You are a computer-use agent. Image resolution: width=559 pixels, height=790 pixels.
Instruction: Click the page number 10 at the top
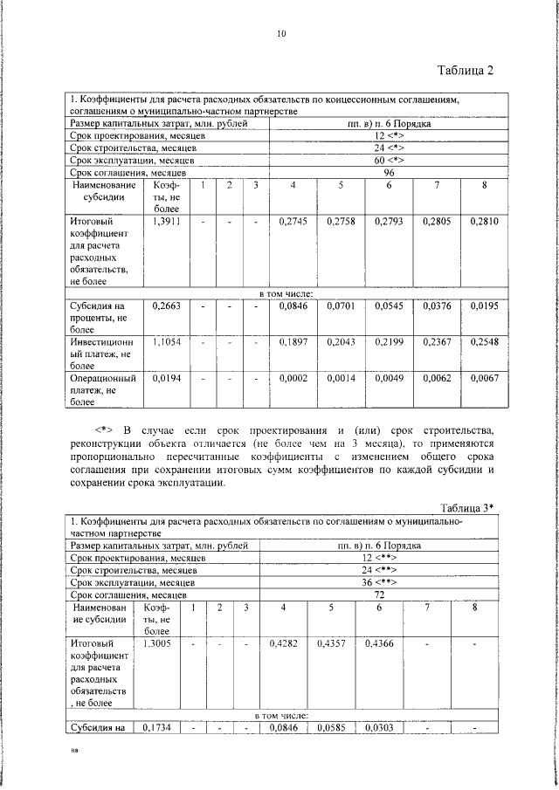[x=280, y=34]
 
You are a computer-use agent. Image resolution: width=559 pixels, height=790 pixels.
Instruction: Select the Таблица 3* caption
[x=467, y=508]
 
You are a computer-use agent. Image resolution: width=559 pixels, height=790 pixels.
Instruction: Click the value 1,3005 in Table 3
[x=156, y=643]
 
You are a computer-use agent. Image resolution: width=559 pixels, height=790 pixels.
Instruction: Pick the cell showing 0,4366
[x=379, y=643]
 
